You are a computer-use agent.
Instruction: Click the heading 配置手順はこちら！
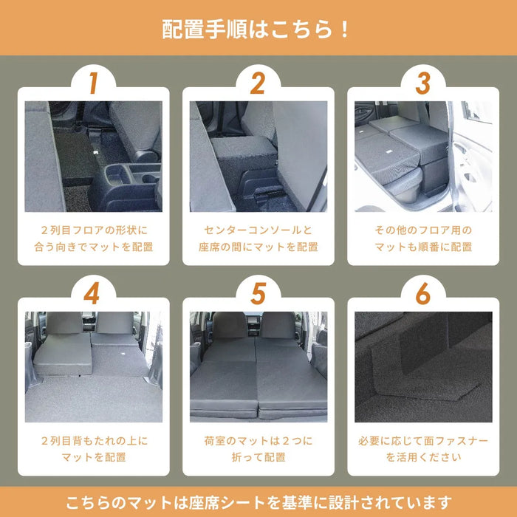click(258, 30)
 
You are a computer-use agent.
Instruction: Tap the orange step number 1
click(92, 83)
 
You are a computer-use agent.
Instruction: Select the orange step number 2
click(257, 83)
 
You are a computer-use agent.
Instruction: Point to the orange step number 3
click(422, 83)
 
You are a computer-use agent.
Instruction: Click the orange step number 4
click(92, 293)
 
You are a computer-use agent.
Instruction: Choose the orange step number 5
click(257, 293)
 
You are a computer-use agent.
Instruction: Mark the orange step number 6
click(422, 293)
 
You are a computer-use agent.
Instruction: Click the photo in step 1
click(93, 157)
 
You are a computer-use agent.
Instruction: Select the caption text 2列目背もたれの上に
click(93, 441)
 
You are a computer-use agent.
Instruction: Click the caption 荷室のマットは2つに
click(258, 441)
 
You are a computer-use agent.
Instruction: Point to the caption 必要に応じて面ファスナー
click(423, 441)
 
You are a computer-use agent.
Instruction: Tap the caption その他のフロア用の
click(423, 230)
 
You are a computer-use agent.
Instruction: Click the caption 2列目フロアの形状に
click(93, 230)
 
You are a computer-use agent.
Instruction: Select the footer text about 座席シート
click(258, 502)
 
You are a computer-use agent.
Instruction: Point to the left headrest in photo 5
click(230, 325)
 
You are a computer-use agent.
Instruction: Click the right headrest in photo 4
click(114, 323)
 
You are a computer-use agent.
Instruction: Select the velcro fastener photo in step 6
click(423, 366)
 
